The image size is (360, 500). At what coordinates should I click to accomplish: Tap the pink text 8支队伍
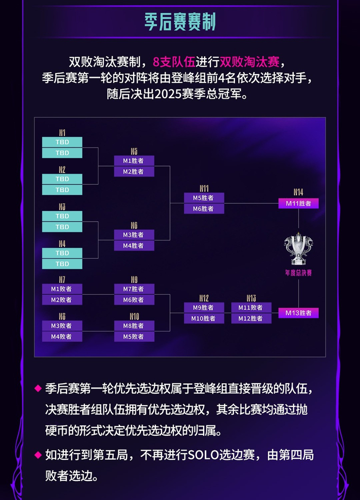(174, 62)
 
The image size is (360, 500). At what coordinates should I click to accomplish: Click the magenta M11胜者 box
(298, 204)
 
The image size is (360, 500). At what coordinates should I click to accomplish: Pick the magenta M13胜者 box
(298, 313)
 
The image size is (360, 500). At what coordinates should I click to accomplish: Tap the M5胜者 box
(204, 198)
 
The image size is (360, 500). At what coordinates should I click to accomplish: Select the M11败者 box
(250, 307)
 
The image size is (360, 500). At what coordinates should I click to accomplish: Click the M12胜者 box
(250, 318)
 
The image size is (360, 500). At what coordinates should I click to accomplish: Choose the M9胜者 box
(204, 307)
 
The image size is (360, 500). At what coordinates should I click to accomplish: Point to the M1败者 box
(62, 289)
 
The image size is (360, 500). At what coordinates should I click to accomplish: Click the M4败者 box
(62, 336)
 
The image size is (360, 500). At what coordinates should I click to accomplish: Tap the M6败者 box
(134, 300)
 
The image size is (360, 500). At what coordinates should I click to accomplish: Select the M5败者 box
(134, 336)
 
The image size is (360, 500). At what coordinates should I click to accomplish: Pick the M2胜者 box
(134, 171)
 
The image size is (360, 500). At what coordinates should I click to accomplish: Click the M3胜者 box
(134, 235)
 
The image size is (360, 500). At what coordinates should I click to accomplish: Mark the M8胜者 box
(134, 326)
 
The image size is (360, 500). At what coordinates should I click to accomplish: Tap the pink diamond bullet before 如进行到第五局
(37, 455)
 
